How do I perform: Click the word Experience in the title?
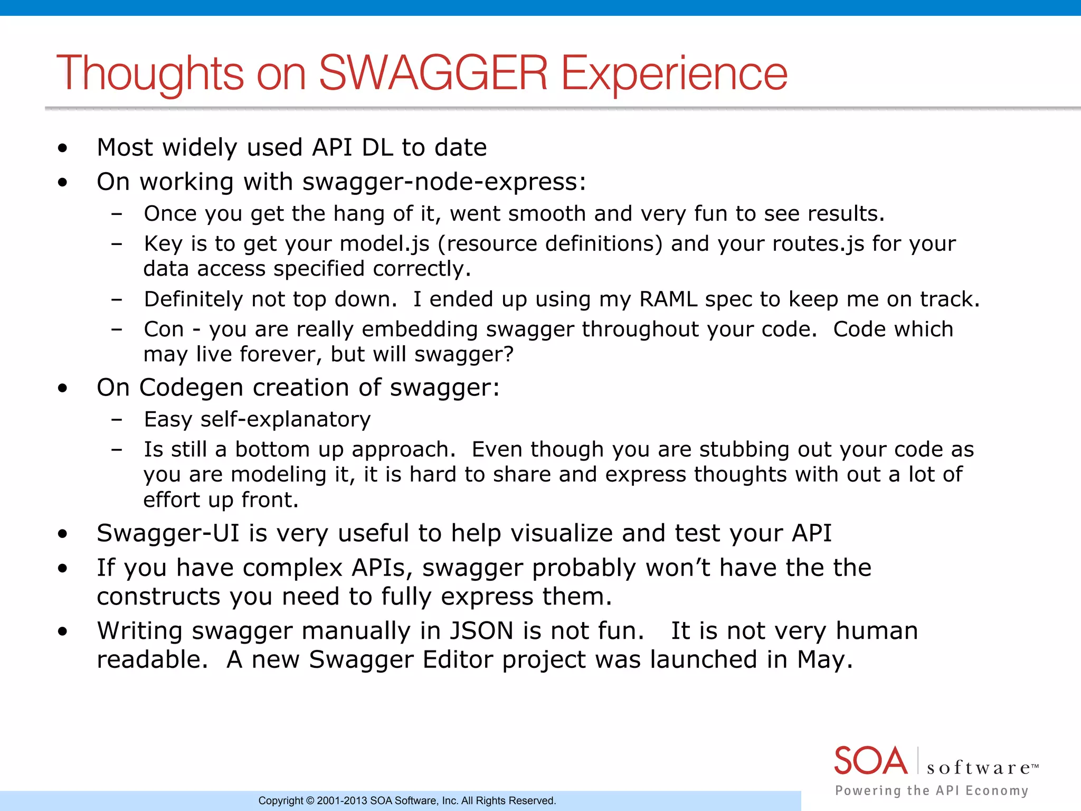coord(674,73)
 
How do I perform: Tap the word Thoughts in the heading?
coord(150,73)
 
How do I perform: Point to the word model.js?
coord(384,244)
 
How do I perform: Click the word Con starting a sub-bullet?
coord(164,329)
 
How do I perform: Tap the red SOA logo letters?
coord(871,761)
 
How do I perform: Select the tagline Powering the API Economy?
coord(932,790)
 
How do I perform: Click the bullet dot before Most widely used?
coord(63,148)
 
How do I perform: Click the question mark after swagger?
coord(508,354)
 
